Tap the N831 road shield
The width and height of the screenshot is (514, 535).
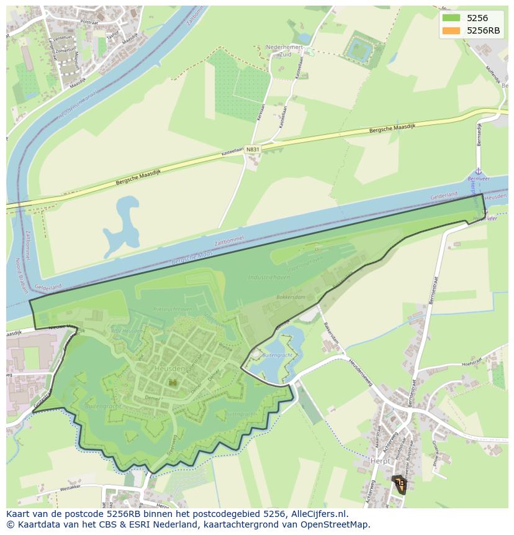tap(252, 150)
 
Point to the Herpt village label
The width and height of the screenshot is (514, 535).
tap(380, 461)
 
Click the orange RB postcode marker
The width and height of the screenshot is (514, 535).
tap(400, 483)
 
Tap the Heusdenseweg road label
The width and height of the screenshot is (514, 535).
tap(359, 372)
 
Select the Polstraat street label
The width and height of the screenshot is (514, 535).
tap(90, 22)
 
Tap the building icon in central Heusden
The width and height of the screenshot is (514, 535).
tap(173, 382)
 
